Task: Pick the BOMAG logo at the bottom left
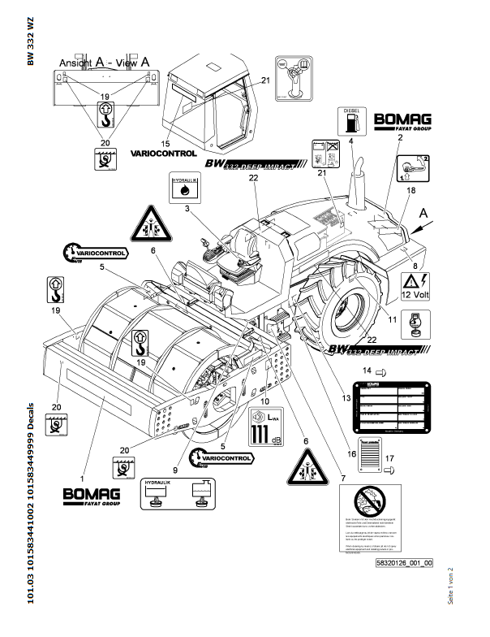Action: pyautogui.click(x=92, y=495)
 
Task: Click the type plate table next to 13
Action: pyautogui.click(x=389, y=405)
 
